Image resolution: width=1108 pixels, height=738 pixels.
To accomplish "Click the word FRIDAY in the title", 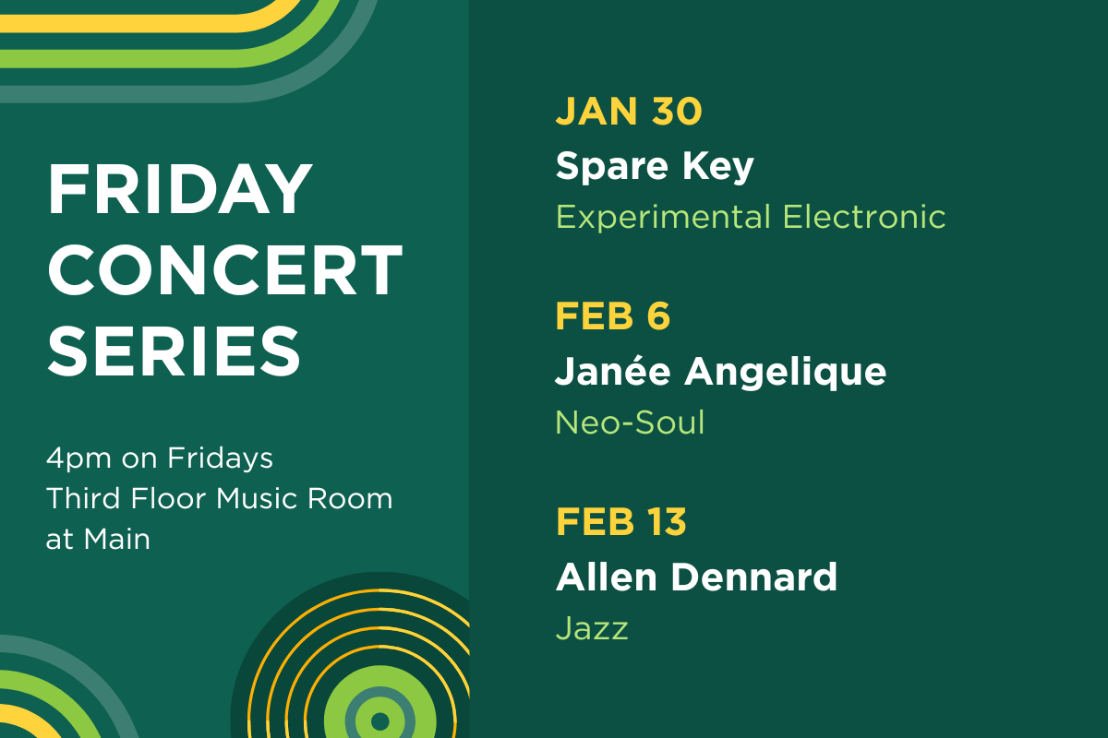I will (180, 189).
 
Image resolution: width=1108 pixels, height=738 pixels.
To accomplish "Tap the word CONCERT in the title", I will (224, 268).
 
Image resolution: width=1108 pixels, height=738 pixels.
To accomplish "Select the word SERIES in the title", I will (174, 349).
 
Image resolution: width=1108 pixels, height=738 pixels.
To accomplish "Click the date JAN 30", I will (629, 112).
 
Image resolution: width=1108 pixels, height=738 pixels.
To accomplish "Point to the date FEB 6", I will (612, 316).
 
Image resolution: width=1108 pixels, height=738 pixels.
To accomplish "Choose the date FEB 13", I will (620, 522).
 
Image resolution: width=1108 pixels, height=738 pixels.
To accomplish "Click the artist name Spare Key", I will (655, 166).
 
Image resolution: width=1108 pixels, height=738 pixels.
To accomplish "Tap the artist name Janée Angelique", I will (720, 371).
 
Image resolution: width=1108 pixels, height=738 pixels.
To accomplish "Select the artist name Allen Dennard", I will (696, 577).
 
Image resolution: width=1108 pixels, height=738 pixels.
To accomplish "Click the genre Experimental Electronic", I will (750, 218).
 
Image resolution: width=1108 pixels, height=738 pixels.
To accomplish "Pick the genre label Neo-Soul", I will (630, 423).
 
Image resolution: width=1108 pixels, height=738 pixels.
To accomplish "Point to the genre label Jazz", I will (592, 629).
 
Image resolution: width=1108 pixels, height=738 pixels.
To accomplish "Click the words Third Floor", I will (126, 498).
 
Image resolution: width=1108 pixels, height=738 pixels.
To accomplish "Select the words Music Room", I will (305, 498).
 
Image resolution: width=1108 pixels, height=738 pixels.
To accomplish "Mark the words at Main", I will (98, 538).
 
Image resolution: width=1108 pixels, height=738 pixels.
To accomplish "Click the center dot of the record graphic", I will (379, 718).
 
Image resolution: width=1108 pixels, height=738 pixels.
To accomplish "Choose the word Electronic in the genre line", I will (864, 218).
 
